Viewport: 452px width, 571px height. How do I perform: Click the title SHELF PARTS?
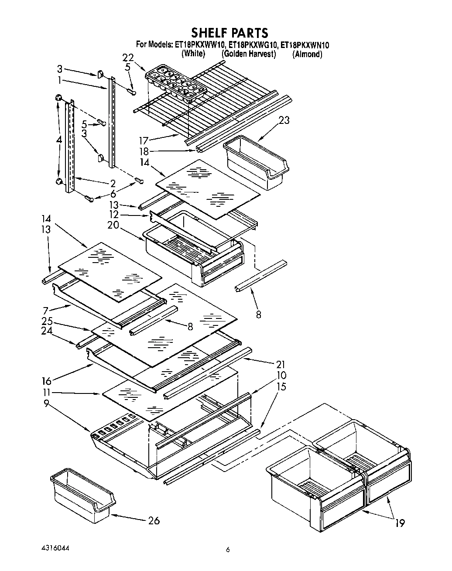(230, 33)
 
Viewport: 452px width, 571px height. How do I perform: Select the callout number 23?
(284, 120)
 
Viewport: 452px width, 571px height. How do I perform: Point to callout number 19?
(400, 523)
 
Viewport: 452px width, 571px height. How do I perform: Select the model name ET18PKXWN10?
(305, 44)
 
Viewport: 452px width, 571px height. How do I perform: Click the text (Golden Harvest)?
(248, 54)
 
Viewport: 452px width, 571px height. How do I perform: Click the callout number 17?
(144, 140)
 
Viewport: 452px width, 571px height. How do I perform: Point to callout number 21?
(280, 364)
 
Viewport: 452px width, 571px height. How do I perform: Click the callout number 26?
(154, 520)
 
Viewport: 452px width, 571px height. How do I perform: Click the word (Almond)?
(308, 54)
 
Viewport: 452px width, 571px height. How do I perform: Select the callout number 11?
(49, 393)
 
